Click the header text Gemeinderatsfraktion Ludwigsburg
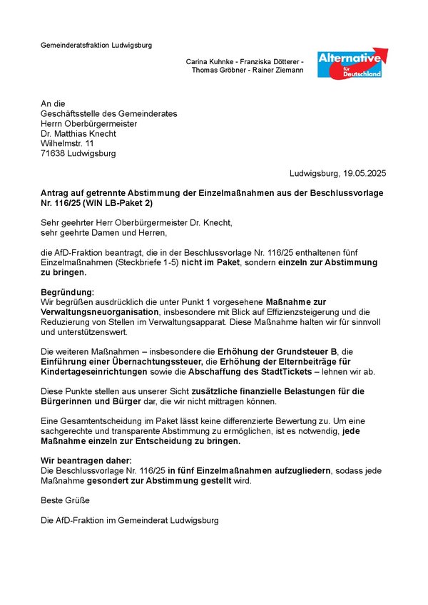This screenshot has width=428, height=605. click(x=96, y=46)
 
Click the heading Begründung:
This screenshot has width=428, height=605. click(x=68, y=293)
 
